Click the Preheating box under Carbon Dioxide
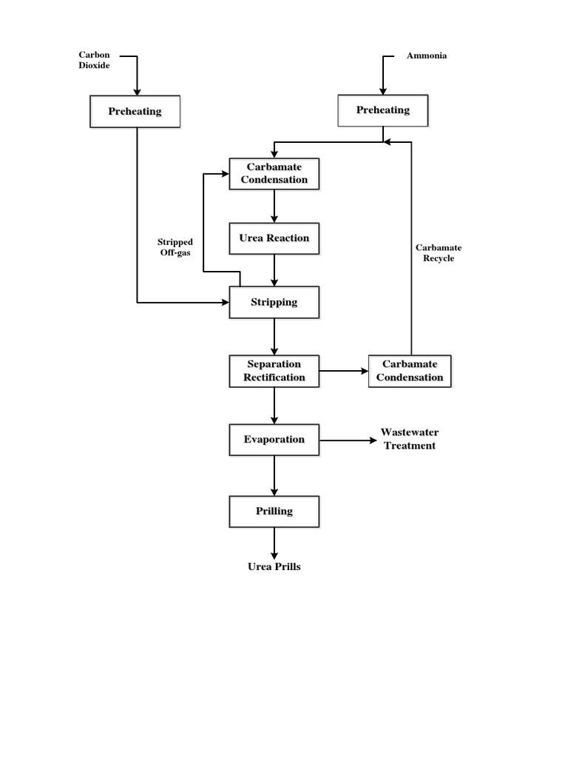pos(135,112)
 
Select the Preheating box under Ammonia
pos(382,110)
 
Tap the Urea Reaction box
pos(274,239)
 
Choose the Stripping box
pos(274,302)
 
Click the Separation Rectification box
pos(274,371)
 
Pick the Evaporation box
pos(274,439)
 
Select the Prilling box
pos(274,511)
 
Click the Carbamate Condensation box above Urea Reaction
pos(274,174)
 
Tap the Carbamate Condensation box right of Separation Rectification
pos(409,371)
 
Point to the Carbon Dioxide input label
pos(94,60)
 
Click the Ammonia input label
pos(427,56)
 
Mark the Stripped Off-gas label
pos(175,247)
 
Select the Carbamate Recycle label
pos(439,253)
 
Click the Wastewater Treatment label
pos(409,439)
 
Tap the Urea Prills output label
pos(274,567)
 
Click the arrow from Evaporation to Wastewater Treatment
pos(348,440)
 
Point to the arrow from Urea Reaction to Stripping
pos(274,271)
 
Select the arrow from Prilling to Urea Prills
pos(274,543)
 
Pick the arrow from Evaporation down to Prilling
pos(274,475)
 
